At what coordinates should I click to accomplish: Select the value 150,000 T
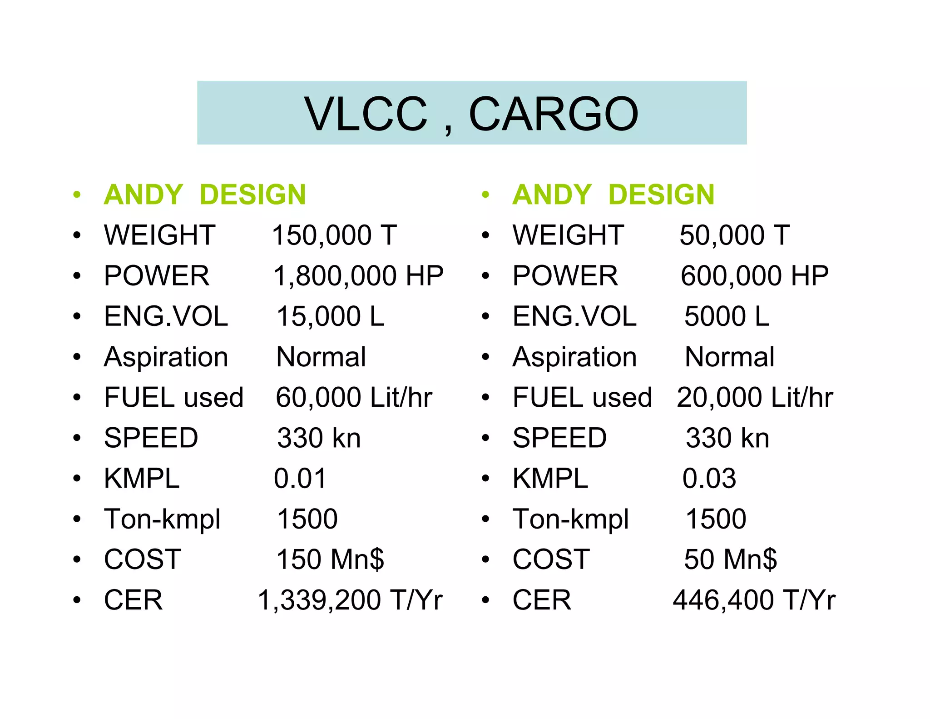tap(334, 235)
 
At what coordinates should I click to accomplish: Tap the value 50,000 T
tap(734, 235)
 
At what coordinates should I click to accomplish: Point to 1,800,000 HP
tap(358, 276)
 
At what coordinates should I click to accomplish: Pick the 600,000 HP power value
tap(754, 276)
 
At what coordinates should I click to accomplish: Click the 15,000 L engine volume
tap(330, 316)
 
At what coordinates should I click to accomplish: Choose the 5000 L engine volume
tap(727, 316)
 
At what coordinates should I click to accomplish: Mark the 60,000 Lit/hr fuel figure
tap(354, 398)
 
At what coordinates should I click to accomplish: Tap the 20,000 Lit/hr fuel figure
tap(755, 398)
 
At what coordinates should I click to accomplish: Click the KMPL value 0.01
tap(300, 479)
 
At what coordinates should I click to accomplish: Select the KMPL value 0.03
tap(709, 479)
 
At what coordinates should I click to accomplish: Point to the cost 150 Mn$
tap(330, 559)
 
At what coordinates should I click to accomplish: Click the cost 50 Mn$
tap(730, 559)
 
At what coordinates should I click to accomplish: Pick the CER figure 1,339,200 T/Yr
tap(350, 600)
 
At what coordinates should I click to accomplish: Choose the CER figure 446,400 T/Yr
tap(754, 600)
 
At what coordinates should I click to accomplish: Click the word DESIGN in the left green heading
tap(252, 195)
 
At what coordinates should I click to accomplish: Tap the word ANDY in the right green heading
tap(552, 195)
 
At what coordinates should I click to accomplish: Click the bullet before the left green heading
tap(77, 195)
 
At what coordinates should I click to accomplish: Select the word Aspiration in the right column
tap(574, 357)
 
